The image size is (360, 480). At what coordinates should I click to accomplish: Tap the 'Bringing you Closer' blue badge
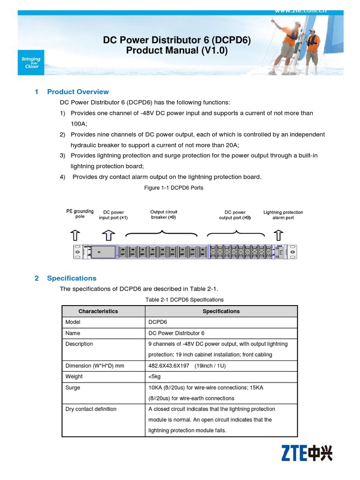pyautogui.click(x=31, y=62)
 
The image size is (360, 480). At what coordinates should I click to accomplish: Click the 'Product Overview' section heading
pyautogui.click(x=78, y=92)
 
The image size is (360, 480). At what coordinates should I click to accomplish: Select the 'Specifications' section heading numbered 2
pyautogui.click(x=71, y=278)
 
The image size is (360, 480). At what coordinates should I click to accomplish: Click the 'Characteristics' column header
pyautogui.click(x=98, y=311)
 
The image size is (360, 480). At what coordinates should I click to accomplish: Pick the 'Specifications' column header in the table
pyautogui.click(x=221, y=311)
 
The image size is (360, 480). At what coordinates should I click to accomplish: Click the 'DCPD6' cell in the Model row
pyautogui.click(x=157, y=322)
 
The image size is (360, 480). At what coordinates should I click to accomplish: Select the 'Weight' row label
pyautogui.click(x=74, y=376)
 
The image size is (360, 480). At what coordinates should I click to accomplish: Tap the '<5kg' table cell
pyautogui.click(x=155, y=376)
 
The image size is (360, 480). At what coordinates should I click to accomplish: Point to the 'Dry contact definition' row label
pyautogui.click(x=91, y=409)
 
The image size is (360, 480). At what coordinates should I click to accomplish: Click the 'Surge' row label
pyautogui.click(x=73, y=388)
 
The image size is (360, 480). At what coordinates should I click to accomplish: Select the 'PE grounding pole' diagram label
pyautogui.click(x=80, y=214)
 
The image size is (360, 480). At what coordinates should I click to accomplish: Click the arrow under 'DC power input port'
pyautogui.click(x=108, y=234)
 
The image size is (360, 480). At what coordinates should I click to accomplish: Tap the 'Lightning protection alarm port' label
pyautogui.click(x=283, y=215)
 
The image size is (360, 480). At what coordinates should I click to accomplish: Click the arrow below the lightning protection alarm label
pyautogui.click(x=278, y=234)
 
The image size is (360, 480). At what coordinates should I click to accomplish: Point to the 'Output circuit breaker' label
pyautogui.click(x=164, y=215)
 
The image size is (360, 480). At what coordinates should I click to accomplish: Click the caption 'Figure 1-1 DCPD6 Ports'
pyautogui.click(x=173, y=188)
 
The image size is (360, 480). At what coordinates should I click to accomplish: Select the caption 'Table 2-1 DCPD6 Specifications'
pyautogui.click(x=184, y=300)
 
